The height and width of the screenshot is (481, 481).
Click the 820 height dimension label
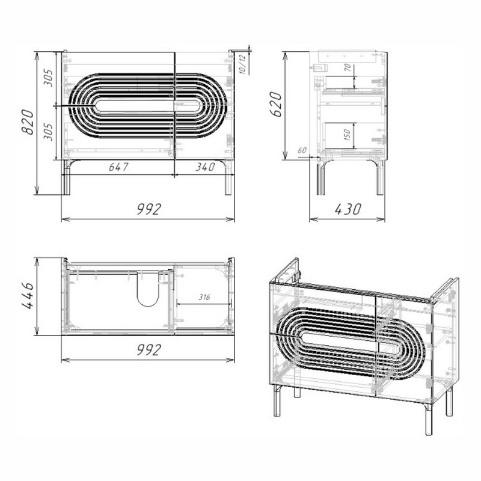coord(28,122)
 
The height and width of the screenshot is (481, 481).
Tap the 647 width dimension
coord(118,167)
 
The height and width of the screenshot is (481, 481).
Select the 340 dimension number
coord(205,167)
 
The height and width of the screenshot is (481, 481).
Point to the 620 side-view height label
coord(276,104)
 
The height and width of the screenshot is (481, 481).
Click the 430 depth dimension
coord(348,209)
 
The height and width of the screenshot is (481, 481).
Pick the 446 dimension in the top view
coord(28,296)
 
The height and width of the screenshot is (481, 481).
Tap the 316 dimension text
coord(204,297)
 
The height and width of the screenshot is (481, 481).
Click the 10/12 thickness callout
coord(242,64)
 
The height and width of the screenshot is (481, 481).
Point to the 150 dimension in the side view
coord(347,135)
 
